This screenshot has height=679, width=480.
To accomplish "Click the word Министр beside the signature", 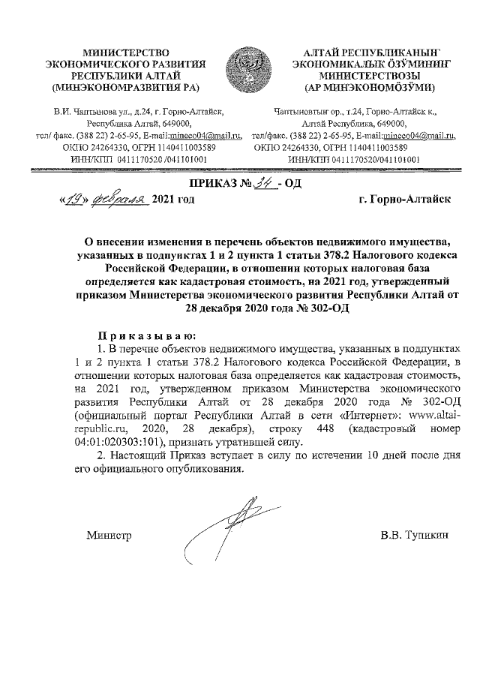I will [108, 536].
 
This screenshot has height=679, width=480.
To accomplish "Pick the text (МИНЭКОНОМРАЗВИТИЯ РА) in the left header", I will [125, 87].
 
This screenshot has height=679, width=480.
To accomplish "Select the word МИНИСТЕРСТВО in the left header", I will [125, 51].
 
